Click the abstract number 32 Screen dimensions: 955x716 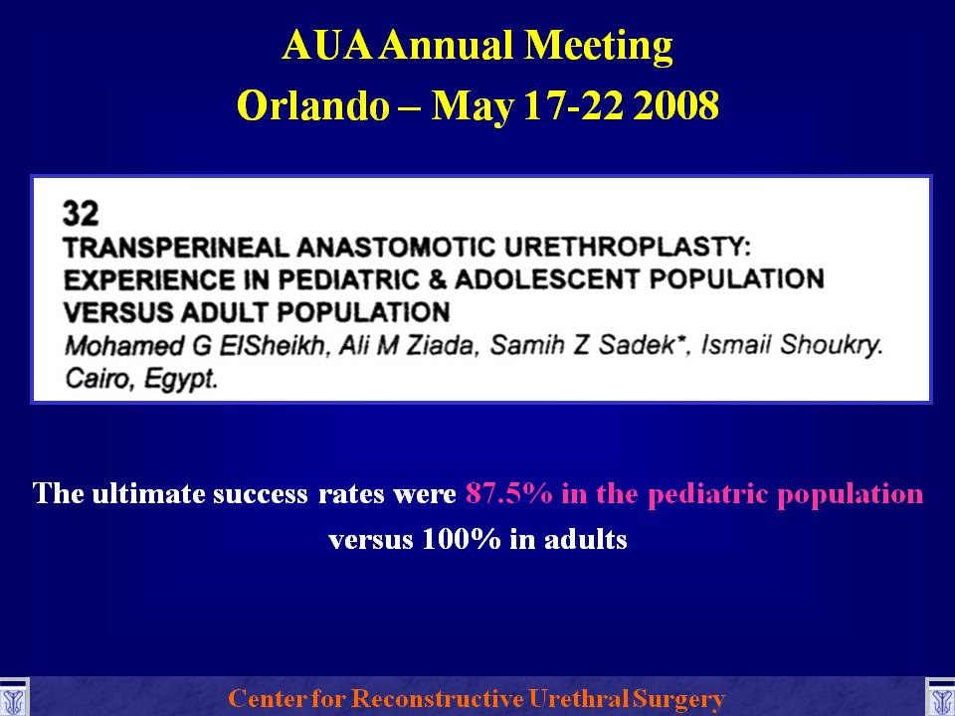point(81,213)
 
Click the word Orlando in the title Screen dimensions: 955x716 point(313,105)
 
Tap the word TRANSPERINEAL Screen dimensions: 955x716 point(176,248)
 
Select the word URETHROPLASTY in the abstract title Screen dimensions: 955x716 point(628,248)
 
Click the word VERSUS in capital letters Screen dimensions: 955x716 point(118,312)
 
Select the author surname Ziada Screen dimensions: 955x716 point(440,345)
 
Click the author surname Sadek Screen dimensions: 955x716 point(645,345)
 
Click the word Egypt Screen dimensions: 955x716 point(180,379)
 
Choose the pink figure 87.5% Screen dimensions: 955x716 point(509,493)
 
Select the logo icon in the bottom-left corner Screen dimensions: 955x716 point(13,698)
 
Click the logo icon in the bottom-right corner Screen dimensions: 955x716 point(941,698)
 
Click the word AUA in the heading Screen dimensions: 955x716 point(326,46)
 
